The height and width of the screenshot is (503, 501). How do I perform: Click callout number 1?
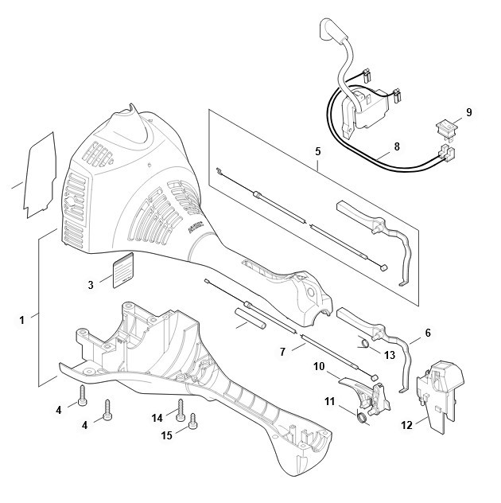click(21, 320)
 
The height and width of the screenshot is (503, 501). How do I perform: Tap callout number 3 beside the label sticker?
click(91, 285)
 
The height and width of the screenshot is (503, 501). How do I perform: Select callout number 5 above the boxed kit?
click(317, 151)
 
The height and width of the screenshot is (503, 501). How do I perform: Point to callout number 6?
click(428, 333)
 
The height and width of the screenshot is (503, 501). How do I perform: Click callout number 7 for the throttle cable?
click(282, 352)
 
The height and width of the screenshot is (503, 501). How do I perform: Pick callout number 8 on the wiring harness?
click(397, 146)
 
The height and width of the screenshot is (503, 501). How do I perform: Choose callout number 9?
click(469, 112)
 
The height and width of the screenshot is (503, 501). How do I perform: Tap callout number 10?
click(319, 366)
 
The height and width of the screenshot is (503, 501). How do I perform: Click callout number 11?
click(330, 401)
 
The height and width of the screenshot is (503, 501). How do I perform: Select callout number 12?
click(406, 425)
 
